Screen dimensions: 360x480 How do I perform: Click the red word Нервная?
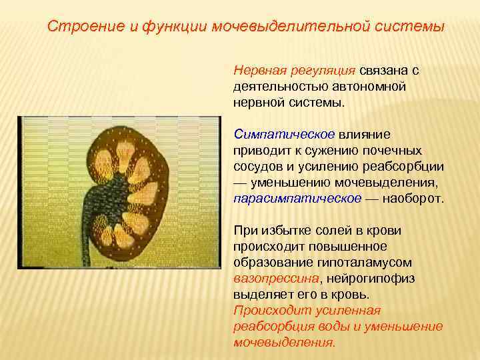click(258, 71)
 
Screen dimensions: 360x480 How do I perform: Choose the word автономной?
click(371, 87)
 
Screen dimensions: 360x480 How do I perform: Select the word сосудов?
click(257, 165)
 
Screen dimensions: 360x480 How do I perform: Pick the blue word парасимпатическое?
click(297, 198)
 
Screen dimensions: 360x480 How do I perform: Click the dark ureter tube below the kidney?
click(85, 240)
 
